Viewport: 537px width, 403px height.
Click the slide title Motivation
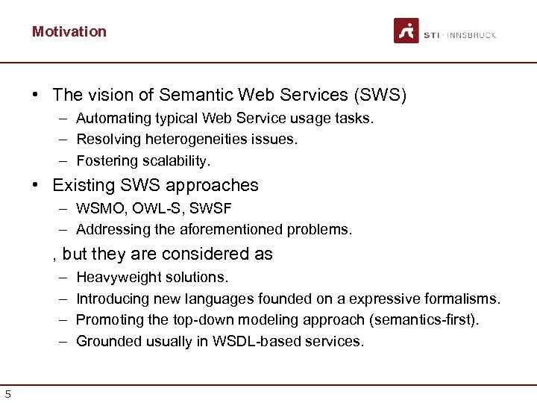[69, 31]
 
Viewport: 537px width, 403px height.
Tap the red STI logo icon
[406, 31]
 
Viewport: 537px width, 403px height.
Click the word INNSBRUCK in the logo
[472, 35]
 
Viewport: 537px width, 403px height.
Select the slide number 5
[7, 394]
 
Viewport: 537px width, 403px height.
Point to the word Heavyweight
[116, 277]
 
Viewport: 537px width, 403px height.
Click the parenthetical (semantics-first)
[424, 319]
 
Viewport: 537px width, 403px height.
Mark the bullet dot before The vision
[35, 96]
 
